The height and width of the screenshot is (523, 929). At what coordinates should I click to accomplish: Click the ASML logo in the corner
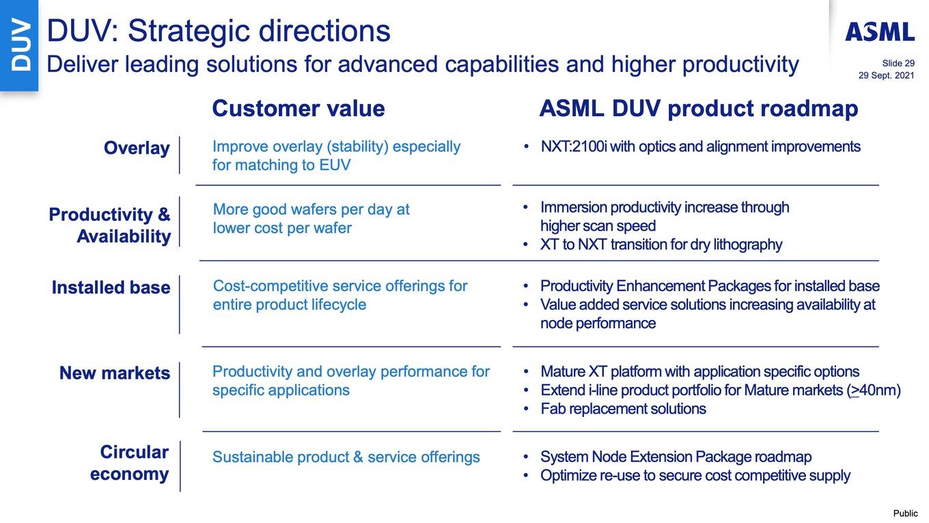(880, 32)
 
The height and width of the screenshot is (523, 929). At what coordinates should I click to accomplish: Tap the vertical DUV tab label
(20, 45)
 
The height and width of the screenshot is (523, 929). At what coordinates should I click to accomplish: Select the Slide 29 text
(898, 63)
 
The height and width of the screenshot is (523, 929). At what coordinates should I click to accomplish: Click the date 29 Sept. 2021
(886, 75)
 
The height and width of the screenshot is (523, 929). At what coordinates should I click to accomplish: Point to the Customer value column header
(299, 108)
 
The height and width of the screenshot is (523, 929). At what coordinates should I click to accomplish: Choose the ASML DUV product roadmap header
(699, 109)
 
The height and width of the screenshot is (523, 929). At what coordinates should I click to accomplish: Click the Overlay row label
(137, 148)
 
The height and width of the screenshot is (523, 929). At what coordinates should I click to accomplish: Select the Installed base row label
(111, 287)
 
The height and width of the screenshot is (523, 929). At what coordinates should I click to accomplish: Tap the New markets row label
(115, 373)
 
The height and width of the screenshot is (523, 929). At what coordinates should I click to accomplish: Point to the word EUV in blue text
(335, 165)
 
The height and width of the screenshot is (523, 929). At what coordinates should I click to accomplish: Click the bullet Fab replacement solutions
(624, 409)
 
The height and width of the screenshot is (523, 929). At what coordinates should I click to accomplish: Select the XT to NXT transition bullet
(661, 245)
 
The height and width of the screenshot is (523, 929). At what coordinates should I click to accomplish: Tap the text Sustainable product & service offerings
(346, 457)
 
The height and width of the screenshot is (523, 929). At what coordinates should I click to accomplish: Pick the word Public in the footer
(905, 513)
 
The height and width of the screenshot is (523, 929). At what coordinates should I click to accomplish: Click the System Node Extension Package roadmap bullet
(676, 457)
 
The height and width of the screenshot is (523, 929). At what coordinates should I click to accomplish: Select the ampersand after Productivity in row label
(164, 215)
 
